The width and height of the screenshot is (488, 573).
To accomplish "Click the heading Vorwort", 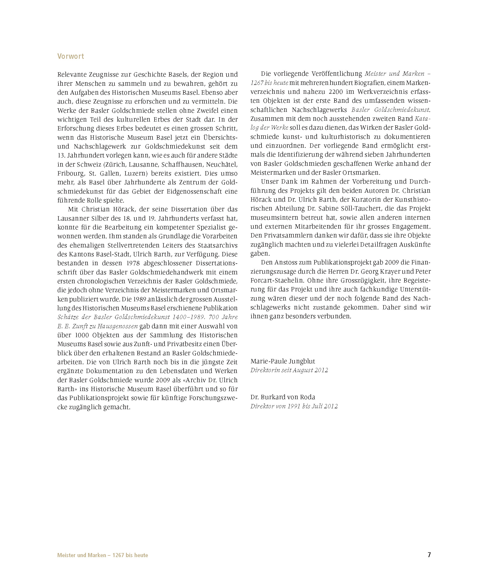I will click(71, 56).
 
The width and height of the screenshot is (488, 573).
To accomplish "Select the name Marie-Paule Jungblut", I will click(283, 361).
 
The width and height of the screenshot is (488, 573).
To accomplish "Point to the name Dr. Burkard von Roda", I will click(283, 397).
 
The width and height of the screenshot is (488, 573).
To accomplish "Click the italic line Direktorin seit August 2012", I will click(289, 370).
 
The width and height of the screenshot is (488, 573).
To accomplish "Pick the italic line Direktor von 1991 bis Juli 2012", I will click(294, 406).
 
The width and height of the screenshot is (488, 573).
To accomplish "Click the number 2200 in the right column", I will click(336, 92).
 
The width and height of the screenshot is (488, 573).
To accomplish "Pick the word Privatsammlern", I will click(288, 236).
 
